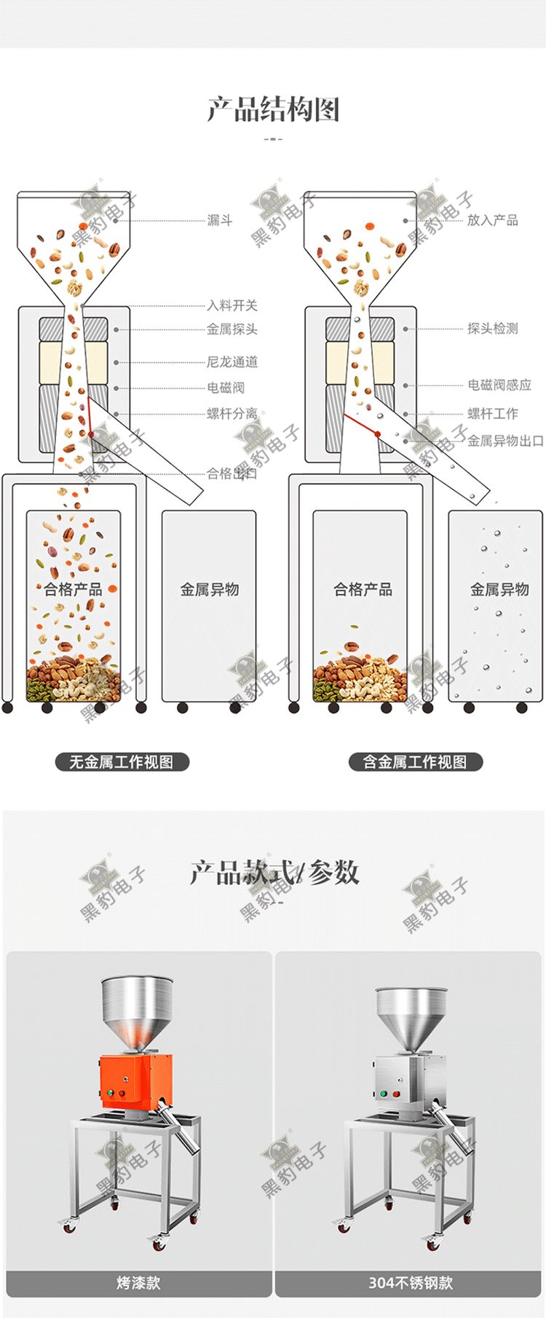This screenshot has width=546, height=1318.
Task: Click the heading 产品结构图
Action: (x=273, y=110)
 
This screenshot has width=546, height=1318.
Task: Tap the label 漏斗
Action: (x=219, y=220)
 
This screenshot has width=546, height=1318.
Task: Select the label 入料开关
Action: (x=232, y=305)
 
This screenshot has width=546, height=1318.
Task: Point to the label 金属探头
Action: (x=232, y=329)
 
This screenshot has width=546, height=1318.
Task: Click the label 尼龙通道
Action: (x=232, y=361)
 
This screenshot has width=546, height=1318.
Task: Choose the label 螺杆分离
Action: (x=232, y=413)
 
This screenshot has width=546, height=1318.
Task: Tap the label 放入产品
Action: (x=492, y=220)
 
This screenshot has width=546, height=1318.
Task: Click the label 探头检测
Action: (x=492, y=329)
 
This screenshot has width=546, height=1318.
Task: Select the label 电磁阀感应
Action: (x=499, y=385)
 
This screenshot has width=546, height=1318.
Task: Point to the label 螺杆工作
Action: (x=492, y=413)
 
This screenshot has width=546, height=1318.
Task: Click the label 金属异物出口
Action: (x=505, y=441)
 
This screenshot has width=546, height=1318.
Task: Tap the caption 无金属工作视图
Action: (x=122, y=762)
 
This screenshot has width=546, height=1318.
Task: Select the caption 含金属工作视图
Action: (x=415, y=762)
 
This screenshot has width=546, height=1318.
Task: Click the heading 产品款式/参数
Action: (x=274, y=872)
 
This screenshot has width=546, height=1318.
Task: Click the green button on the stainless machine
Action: (x=379, y=1094)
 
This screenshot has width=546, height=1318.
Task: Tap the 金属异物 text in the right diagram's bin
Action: (x=499, y=589)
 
